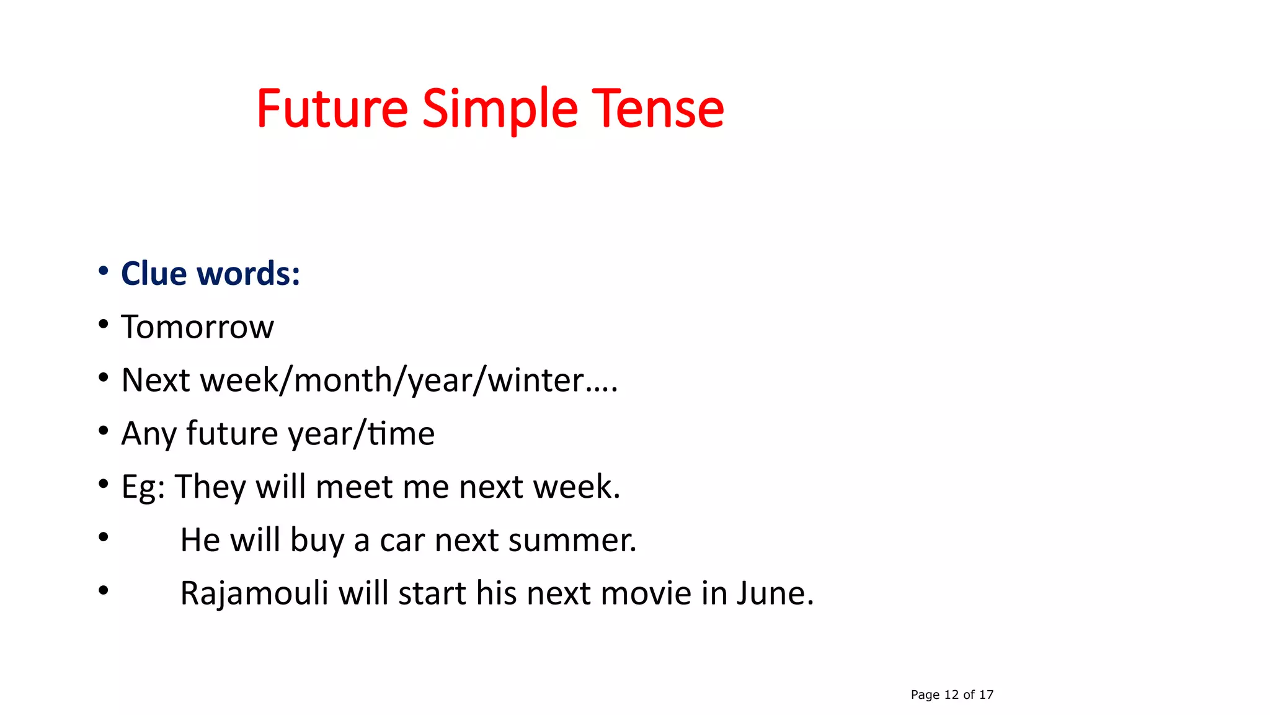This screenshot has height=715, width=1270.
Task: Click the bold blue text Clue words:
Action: pyautogui.click(x=210, y=274)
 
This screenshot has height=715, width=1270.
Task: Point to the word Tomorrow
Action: pyautogui.click(x=197, y=327)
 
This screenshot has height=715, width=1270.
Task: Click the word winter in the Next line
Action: pyautogui.click(x=536, y=380)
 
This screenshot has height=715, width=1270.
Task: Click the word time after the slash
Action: pyautogui.click(x=401, y=434)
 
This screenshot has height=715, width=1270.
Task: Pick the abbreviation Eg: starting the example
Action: pyautogui.click(x=143, y=487)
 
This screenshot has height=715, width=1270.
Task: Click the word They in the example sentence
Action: pyautogui.click(x=211, y=487)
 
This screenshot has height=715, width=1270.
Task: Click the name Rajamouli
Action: pyautogui.click(x=254, y=593)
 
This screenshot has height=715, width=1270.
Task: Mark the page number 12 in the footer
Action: pyautogui.click(x=951, y=695)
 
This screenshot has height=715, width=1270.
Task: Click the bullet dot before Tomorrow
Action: pyautogui.click(x=104, y=324)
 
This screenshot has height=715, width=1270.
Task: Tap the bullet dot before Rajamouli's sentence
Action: pyautogui.click(x=104, y=590)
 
